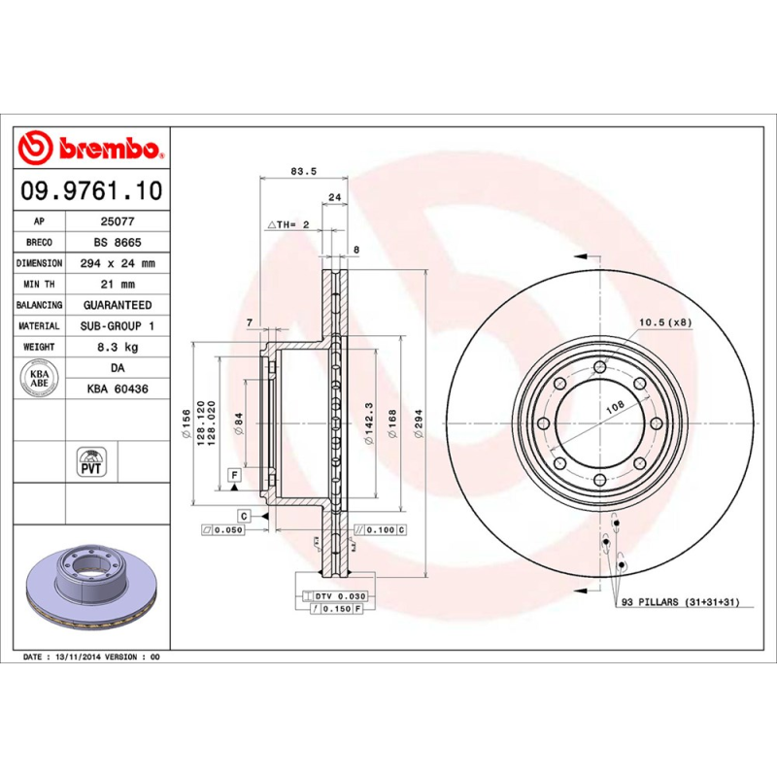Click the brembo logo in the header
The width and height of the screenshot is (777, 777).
pos(91,149)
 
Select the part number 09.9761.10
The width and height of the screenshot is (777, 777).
pos(92,190)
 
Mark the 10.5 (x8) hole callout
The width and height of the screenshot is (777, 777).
pos(664,322)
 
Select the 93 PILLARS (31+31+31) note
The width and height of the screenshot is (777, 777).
pos(680,603)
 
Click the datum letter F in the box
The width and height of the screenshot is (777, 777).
pos(234,474)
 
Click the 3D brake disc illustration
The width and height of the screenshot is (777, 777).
pos(92,588)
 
